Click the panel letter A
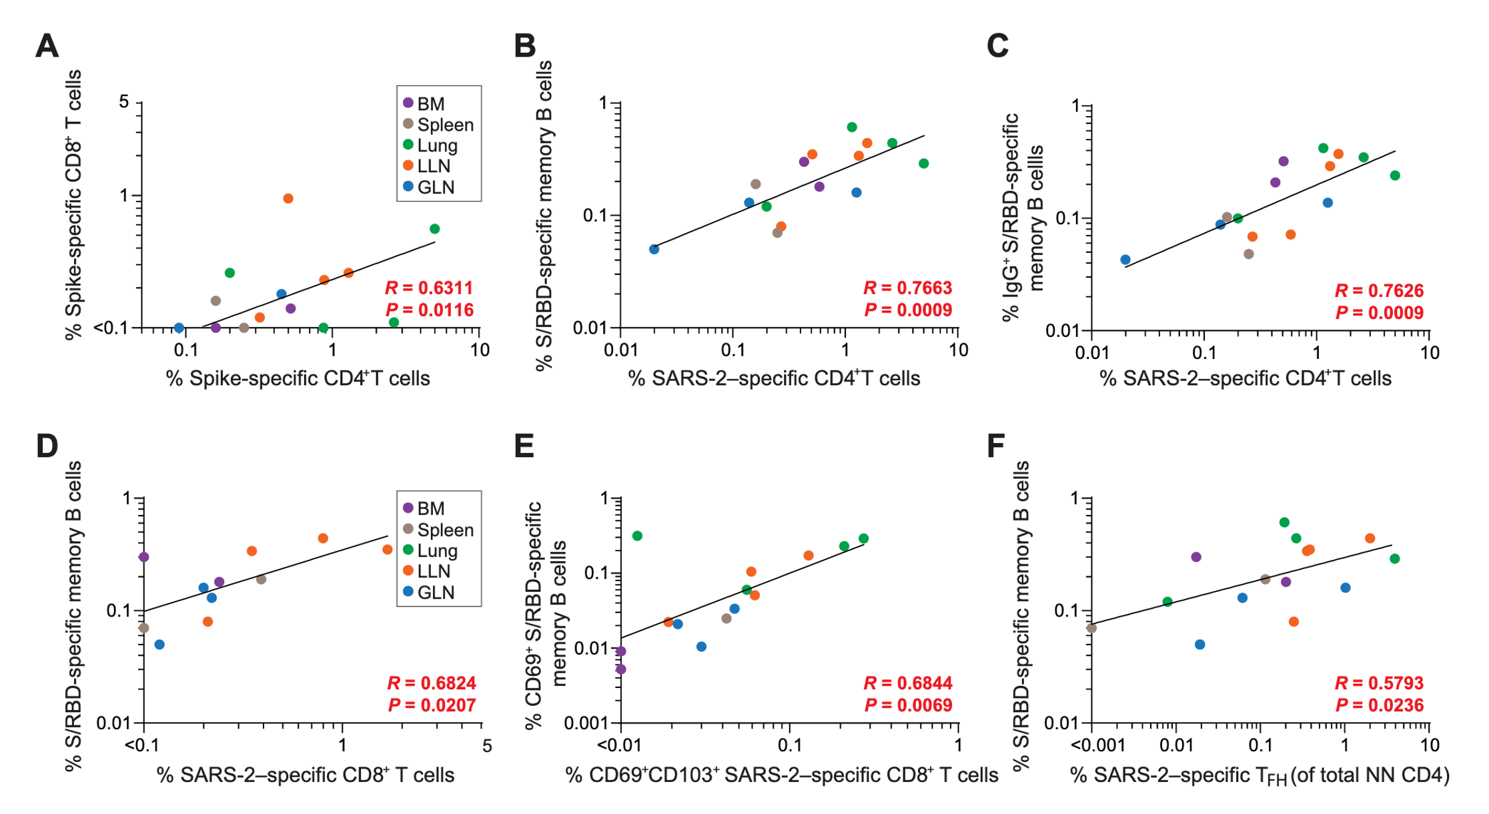click(x=47, y=47)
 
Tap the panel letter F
click(x=996, y=446)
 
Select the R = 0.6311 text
click(x=429, y=288)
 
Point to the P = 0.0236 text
click(x=1379, y=705)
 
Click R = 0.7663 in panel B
click(x=907, y=288)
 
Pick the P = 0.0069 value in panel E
click(x=908, y=705)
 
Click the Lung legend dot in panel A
click(x=408, y=145)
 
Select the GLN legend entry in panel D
click(x=429, y=592)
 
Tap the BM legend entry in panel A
click(x=424, y=103)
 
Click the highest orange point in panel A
click(x=288, y=199)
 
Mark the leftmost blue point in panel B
click(x=654, y=250)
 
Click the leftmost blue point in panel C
click(x=1125, y=260)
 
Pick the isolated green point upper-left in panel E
click(x=637, y=536)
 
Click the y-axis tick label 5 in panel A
click(x=124, y=102)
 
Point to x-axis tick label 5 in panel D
click(x=488, y=745)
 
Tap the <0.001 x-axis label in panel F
click(x=1098, y=745)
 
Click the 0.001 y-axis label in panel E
click(x=587, y=723)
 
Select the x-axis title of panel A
click(x=298, y=378)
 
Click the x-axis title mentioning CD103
click(x=781, y=775)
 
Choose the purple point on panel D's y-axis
click(x=143, y=557)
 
